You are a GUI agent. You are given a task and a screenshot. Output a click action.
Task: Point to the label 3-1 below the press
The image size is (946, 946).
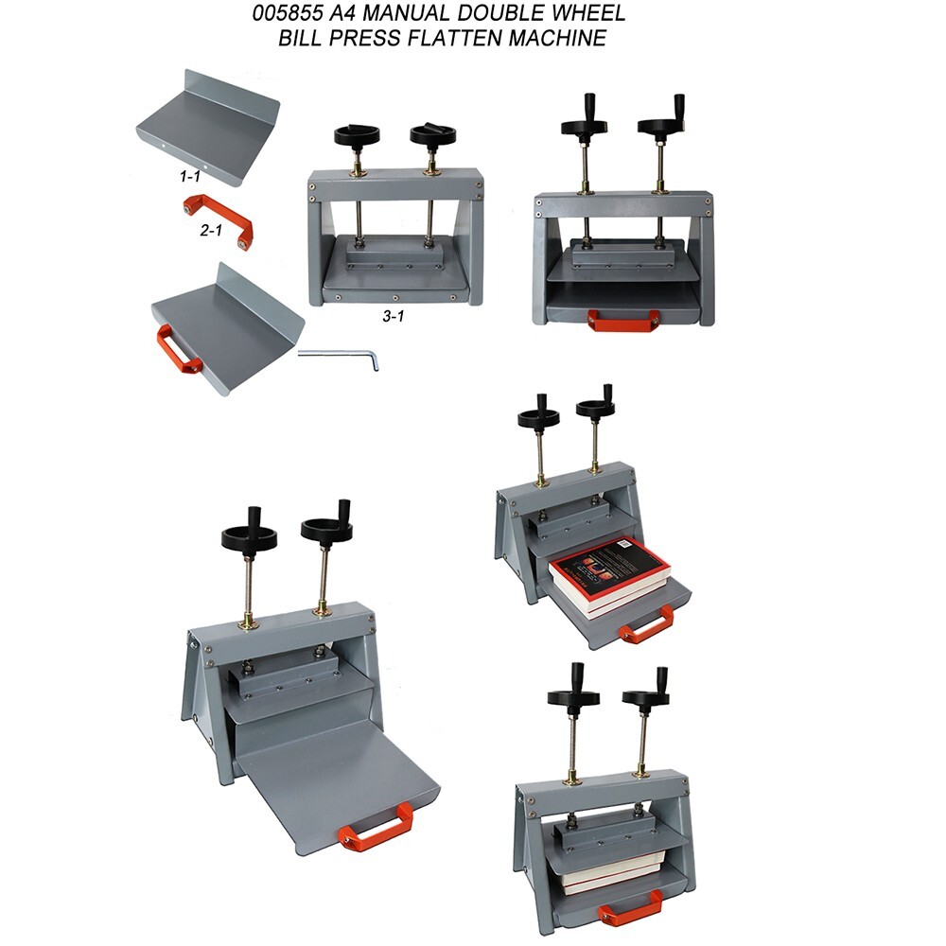(394, 317)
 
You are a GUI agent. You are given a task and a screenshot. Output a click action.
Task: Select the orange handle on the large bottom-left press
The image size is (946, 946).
(375, 828)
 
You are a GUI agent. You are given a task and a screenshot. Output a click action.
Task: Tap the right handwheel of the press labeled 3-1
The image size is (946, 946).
(432, 133)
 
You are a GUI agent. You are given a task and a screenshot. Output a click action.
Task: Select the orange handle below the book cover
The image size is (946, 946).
(647, 624)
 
